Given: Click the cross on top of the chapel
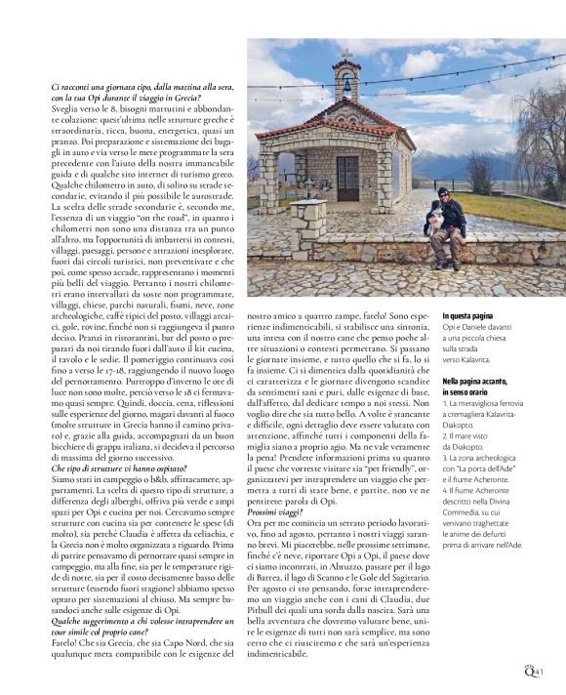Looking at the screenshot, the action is (x=346, y=54).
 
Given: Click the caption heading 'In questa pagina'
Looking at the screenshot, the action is (x=474, y=315).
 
